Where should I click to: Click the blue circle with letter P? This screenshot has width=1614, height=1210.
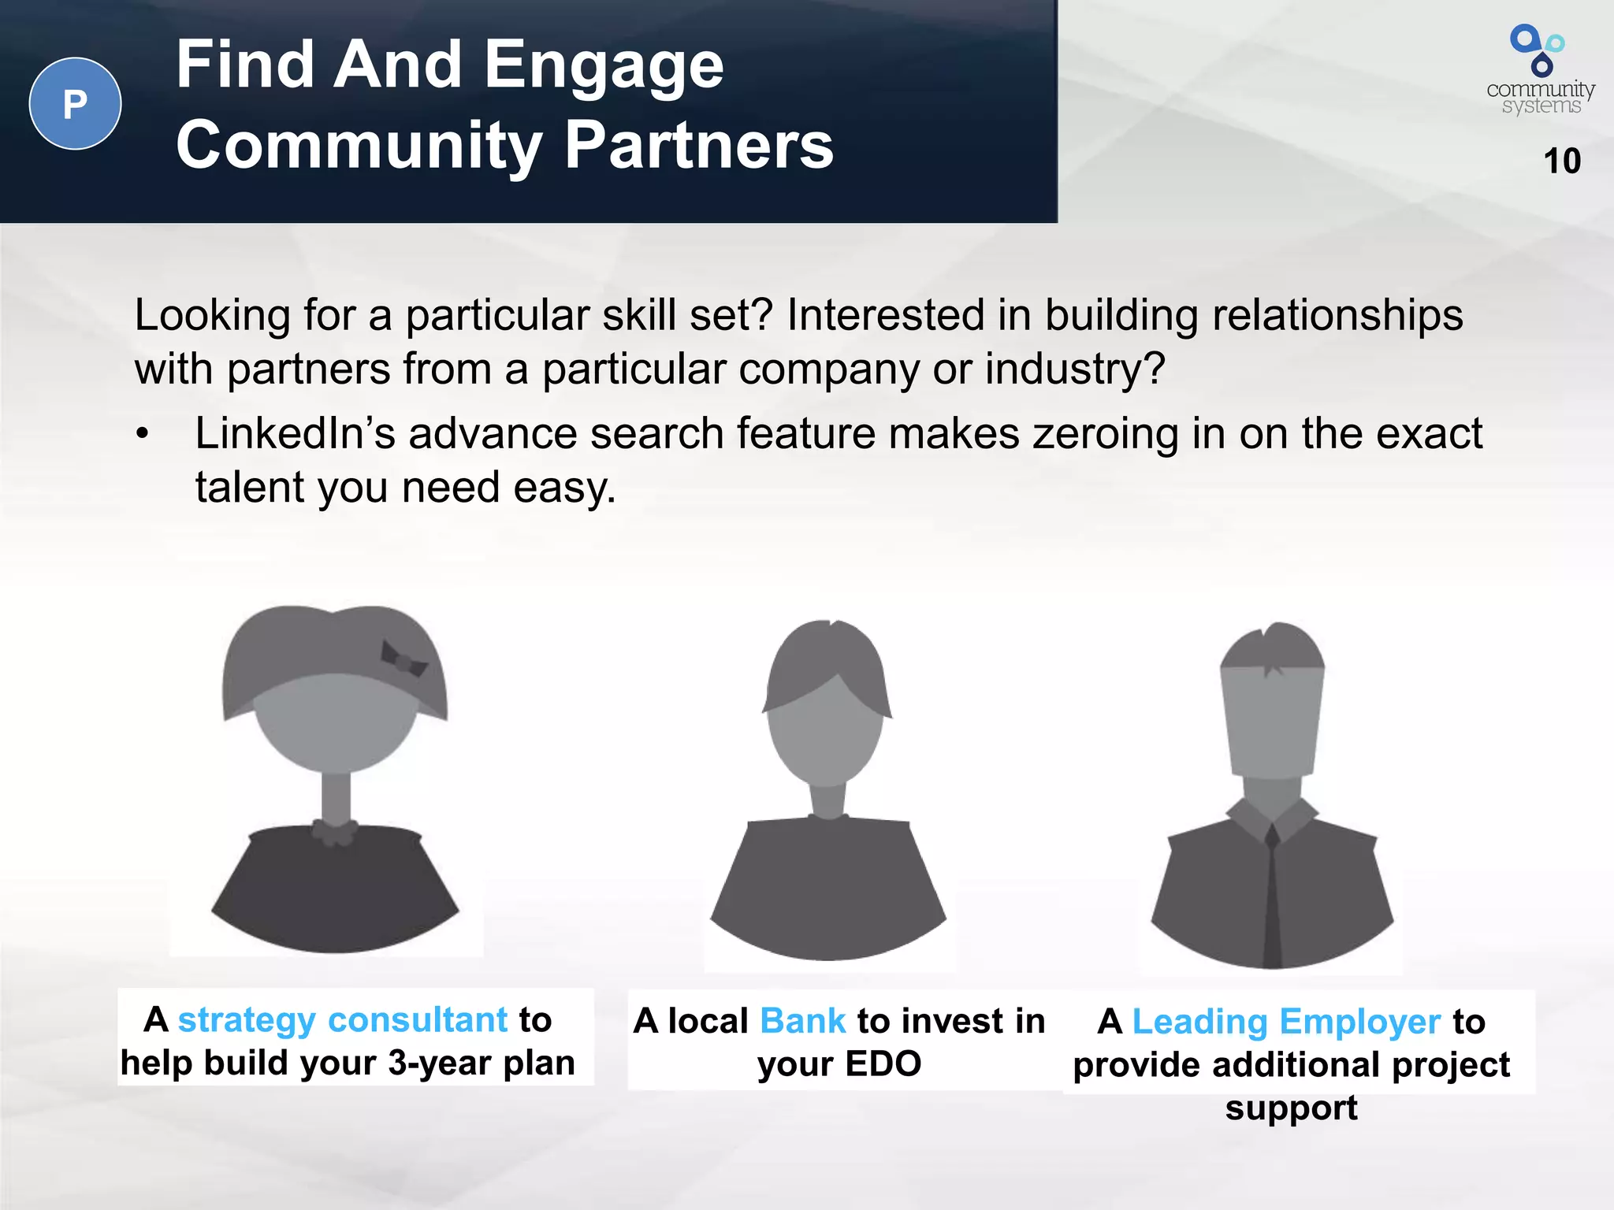coord(75,103)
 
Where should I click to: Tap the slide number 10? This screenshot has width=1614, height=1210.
coord(1561,161)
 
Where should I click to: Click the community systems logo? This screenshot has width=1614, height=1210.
coord(1540,70)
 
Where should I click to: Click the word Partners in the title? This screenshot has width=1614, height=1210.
coord(699,146)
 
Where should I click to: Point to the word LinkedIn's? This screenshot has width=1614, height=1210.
coord(294,433)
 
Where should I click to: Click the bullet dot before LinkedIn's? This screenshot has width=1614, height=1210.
coord(142,435)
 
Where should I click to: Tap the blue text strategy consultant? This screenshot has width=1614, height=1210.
coord(342,1019)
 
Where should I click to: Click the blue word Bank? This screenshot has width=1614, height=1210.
coord(802,1021)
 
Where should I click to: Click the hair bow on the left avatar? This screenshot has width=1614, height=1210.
coord(403,659)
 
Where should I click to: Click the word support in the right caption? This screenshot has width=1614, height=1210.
coord(1291,1108)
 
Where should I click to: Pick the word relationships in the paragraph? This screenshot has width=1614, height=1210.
coord(1337,315)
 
